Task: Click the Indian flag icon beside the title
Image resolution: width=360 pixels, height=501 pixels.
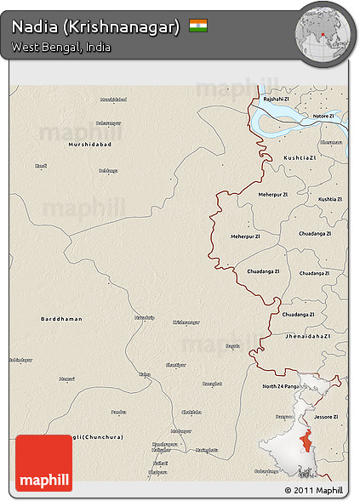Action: [198, 26]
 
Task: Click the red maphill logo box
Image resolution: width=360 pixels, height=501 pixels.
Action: [43, 463]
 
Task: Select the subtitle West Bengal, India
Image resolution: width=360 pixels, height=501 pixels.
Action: [60, 47]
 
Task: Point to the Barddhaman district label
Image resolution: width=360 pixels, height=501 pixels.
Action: [61, 319]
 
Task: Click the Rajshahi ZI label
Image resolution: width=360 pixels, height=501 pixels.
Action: [277, 99]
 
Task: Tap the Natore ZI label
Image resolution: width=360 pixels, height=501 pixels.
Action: [323, 115]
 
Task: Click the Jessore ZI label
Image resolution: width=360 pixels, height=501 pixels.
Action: [325, 417]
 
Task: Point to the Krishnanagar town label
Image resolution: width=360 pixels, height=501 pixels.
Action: [186, 322]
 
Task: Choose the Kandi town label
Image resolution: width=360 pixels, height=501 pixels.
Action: [41, 166]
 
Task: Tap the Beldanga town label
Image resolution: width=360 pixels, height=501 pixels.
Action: [108, 171]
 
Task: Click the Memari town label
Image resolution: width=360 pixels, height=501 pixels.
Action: [67, 379]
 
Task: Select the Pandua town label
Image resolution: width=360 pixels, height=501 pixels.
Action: [118, 412]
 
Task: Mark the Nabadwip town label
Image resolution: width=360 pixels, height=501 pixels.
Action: [145, 317]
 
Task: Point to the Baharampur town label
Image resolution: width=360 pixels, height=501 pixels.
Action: [109, 122]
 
